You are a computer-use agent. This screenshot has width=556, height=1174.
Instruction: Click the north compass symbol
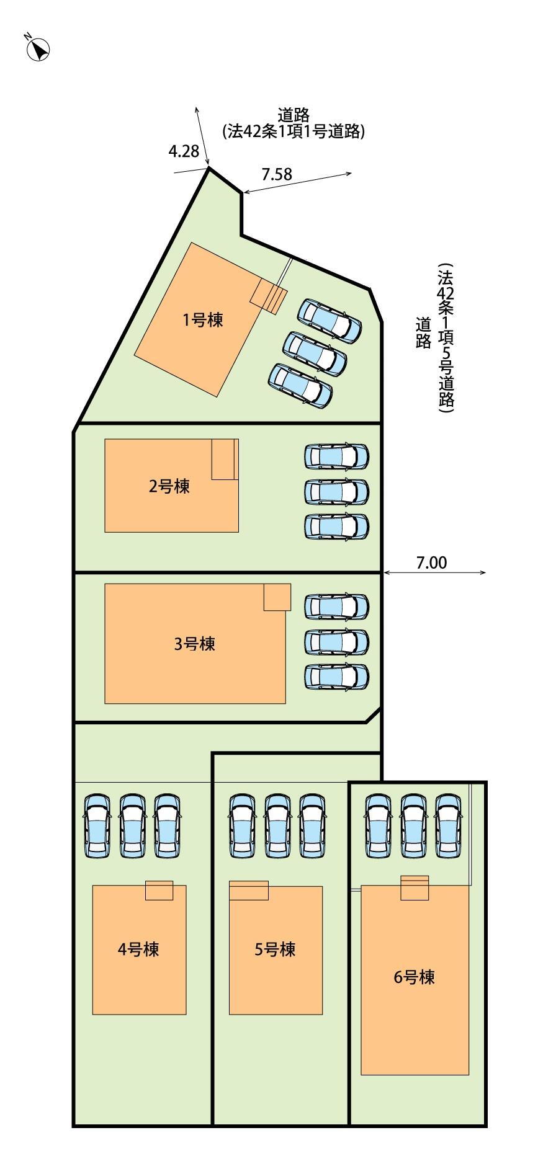38,48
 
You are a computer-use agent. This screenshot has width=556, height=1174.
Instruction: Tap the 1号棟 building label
202,320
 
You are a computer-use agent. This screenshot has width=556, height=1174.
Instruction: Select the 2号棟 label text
169,486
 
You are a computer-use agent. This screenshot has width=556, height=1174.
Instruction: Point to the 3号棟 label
195,644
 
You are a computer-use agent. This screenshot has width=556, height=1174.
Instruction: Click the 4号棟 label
138,949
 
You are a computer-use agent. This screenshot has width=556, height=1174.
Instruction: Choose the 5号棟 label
275,949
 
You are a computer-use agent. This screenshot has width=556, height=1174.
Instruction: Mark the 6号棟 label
415,977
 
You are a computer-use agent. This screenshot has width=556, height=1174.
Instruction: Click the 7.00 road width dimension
431,563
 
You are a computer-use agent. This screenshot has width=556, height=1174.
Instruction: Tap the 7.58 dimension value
276,174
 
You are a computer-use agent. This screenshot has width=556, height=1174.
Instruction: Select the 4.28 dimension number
183,151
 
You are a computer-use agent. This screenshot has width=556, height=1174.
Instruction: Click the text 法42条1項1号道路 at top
294,131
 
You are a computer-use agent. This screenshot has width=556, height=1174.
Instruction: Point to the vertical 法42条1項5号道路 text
446,339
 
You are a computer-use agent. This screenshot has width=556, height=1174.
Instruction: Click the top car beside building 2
337,456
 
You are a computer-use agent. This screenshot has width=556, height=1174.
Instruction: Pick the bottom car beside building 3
337,677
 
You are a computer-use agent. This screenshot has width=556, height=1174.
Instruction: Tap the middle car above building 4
132,826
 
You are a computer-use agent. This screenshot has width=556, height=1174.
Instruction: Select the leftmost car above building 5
243,826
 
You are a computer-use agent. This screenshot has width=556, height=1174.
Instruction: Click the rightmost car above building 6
449,826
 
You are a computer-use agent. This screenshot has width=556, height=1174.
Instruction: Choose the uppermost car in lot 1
329,321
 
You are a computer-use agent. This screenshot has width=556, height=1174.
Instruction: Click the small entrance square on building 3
277,597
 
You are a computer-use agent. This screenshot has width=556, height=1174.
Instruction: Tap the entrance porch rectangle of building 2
224,459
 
